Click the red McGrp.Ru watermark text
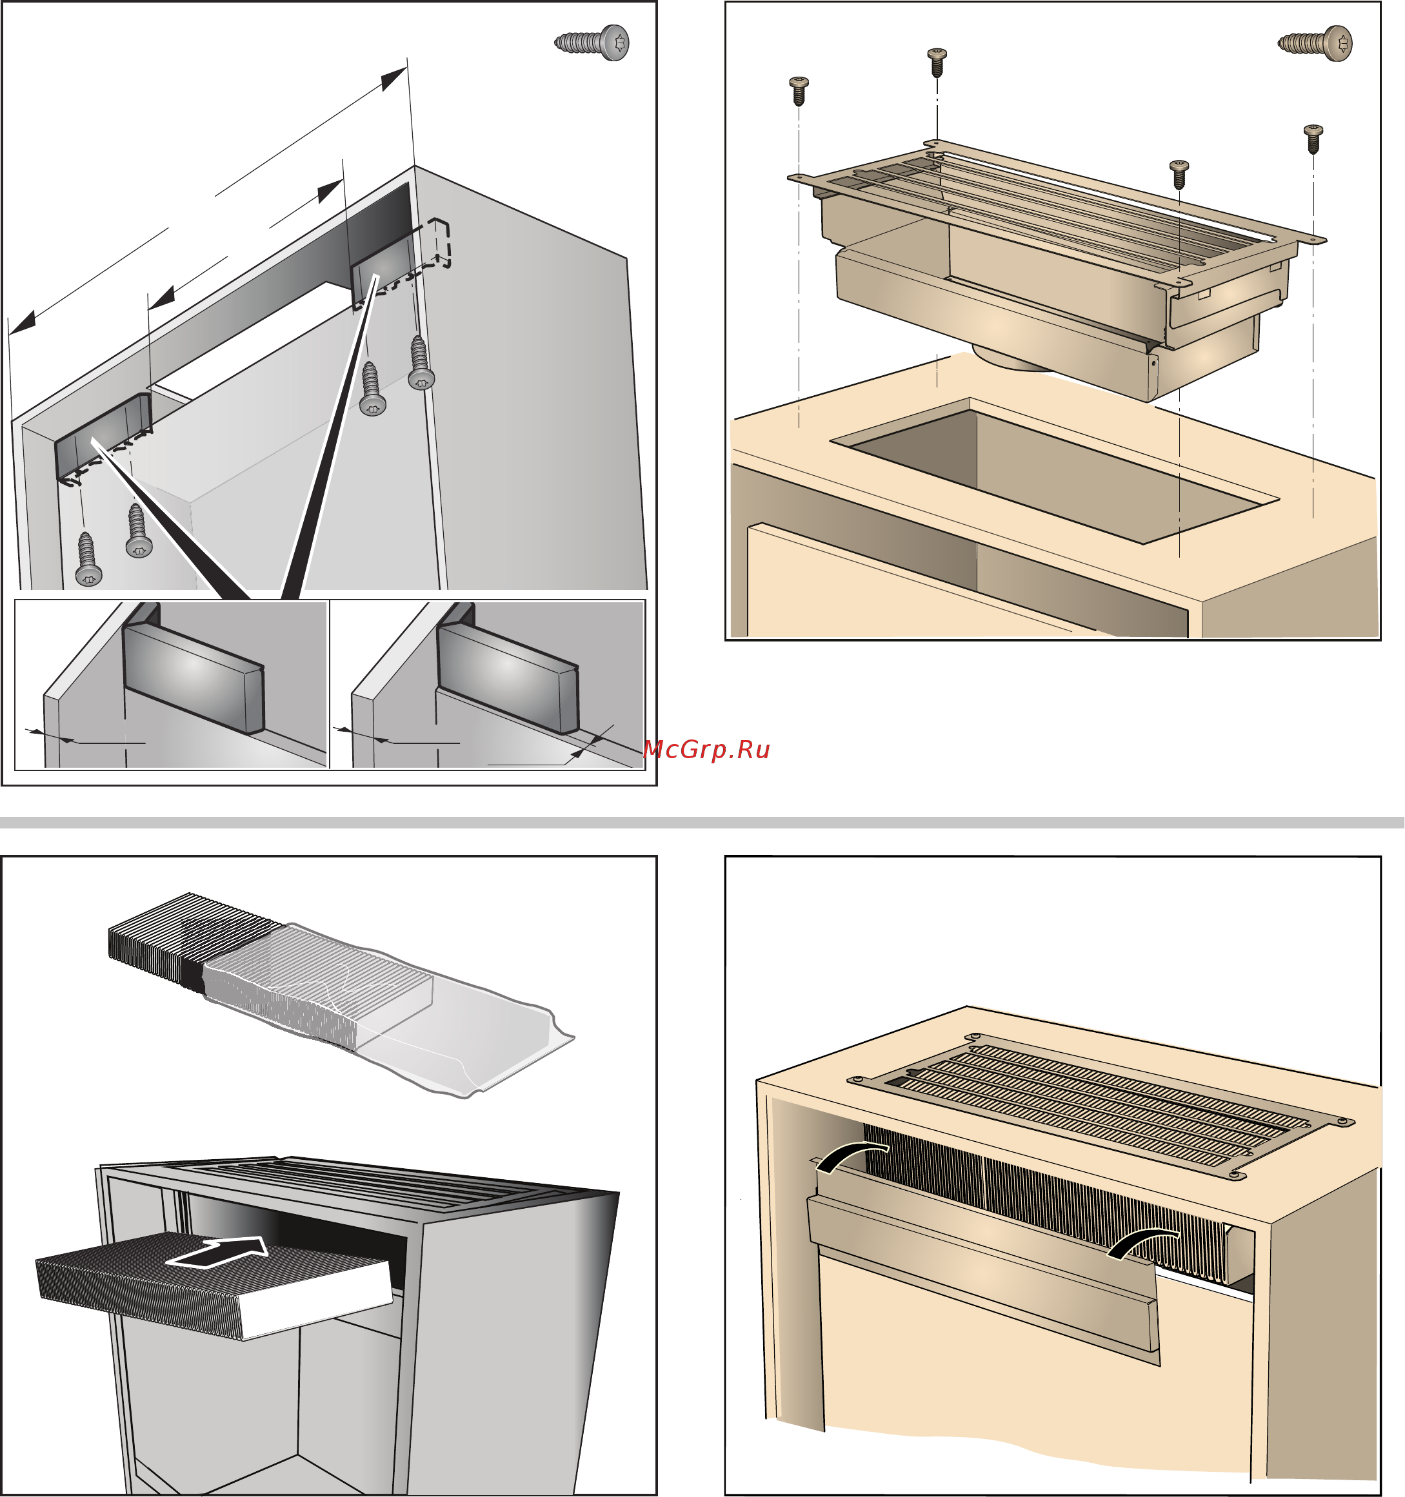pyautogui.click(x=706, y=749)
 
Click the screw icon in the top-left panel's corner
pyautogui.click(x=592, y=42)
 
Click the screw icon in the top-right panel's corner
pyautogui.click(x=1315, y=43)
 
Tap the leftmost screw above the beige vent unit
pyautogui.click(x=799, y=90)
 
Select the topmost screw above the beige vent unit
pyautogui.click(x=937, y=63)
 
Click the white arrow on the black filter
pyautogui.click(x=218, y=1252)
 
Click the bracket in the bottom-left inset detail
pyautogui.click(x=194, y=668)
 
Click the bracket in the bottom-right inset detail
pyautogui.click(x=508, y=668)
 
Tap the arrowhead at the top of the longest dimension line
pyautogui.click(x=394, y=78)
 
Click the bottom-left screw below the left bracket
pyautogui.click(x=88, y=560)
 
